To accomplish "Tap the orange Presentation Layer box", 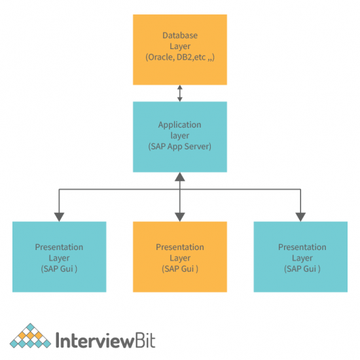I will click(180, 257).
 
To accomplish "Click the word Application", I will click(180, 124).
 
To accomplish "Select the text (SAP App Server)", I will click(180, 147).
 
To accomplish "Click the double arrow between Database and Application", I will click(180, 93).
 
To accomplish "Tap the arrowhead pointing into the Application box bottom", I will click(180, 176).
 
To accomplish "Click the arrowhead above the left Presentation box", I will click(59, 215).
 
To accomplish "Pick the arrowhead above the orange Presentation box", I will click(180, 215).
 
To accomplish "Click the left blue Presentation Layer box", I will click(59, 257).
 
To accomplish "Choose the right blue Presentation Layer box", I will click(301, 257).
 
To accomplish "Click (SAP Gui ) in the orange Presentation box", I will click(180, 269).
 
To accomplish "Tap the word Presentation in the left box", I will click(59, 247).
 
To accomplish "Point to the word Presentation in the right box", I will click(302, 247).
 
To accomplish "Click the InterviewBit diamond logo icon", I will click(30, 337).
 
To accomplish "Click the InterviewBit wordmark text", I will click(105, 340).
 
